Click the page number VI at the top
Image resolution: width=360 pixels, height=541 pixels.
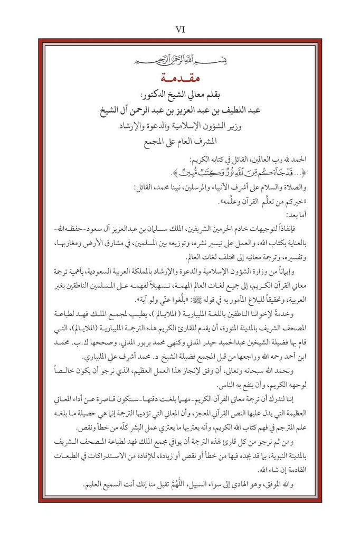[x=179, y=30]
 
